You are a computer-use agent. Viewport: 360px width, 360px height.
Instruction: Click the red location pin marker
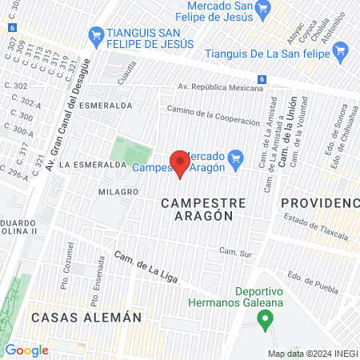[181, 164]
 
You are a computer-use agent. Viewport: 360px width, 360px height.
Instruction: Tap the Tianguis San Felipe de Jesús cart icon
[97, 34]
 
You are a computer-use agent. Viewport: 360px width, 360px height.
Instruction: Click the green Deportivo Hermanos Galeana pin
[264, 320]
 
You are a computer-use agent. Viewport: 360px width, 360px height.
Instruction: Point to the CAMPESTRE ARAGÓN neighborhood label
[197, 209]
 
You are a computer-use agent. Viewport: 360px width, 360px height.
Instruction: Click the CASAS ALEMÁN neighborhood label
[86, 317]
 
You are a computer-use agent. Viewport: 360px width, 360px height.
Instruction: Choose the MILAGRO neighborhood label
[118, 192]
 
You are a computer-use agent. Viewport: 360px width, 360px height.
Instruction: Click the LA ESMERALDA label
[94, 163]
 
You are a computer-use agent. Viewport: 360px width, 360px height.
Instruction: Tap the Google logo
[26, 350]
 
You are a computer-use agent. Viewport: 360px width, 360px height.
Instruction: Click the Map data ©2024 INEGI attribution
[312, 354]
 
